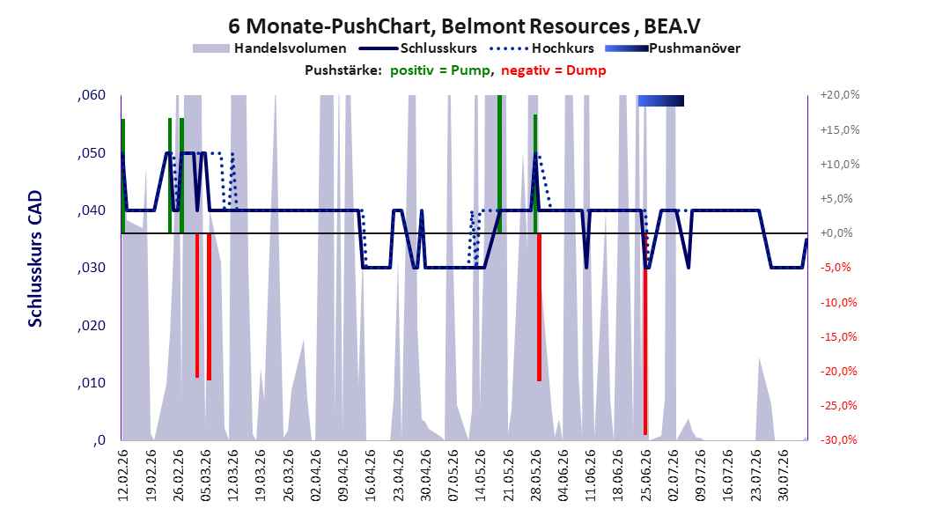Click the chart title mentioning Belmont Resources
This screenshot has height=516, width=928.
[464, 26]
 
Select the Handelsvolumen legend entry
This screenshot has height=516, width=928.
[270, 48]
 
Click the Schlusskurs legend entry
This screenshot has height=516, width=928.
[418, 48]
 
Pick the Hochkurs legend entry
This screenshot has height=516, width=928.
[542, 48]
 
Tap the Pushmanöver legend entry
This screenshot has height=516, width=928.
[673, 48]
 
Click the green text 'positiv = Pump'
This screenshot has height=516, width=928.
[440, 70]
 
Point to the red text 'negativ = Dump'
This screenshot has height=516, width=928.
[554, 70]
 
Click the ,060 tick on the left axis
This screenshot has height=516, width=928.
[92, 95]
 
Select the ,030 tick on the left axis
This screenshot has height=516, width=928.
[92, 268]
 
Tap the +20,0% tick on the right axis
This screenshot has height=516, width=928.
[840, 95]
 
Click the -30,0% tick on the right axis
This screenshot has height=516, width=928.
[838, 439]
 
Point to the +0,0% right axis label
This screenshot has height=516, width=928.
[836, 233]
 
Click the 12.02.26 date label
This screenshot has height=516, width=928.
[123, 475]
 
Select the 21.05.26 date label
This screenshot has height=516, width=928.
[508, 475]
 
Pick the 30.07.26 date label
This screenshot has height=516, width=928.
[784, 475]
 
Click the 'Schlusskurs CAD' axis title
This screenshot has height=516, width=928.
[35, 259]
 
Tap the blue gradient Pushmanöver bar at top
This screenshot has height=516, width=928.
[661, 100]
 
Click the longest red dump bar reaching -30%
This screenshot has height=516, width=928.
[645, 335]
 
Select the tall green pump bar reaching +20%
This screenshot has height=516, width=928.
[499, 164]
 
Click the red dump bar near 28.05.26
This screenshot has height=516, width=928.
[539, 307]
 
